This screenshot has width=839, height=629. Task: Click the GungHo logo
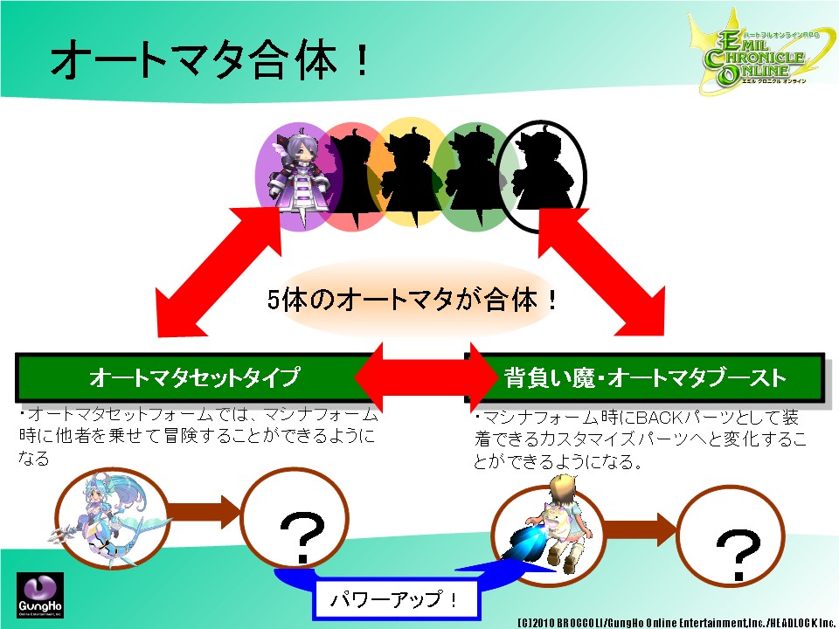(38, 595)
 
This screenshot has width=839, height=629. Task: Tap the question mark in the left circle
(302, 535)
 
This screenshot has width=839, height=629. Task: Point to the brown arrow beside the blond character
(639, 524)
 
